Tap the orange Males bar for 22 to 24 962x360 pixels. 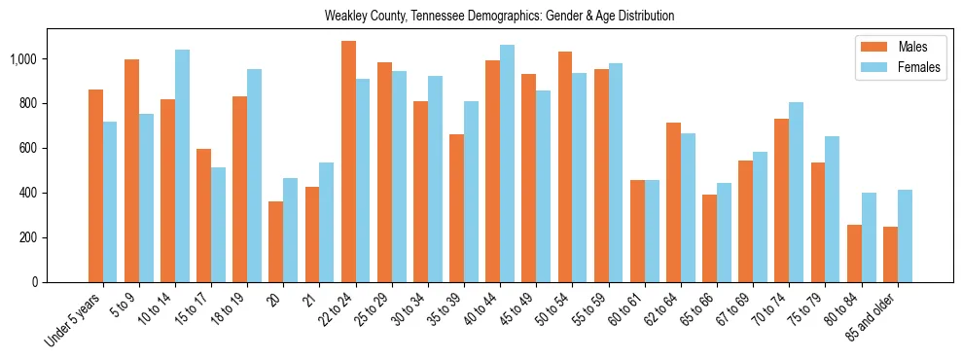(348, 162)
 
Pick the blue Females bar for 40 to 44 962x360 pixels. (508, 163)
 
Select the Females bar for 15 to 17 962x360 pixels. (219, 225)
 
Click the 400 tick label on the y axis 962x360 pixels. (27, 193)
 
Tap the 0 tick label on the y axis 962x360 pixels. (35, 282)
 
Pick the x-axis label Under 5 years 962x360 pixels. (76, 321)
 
